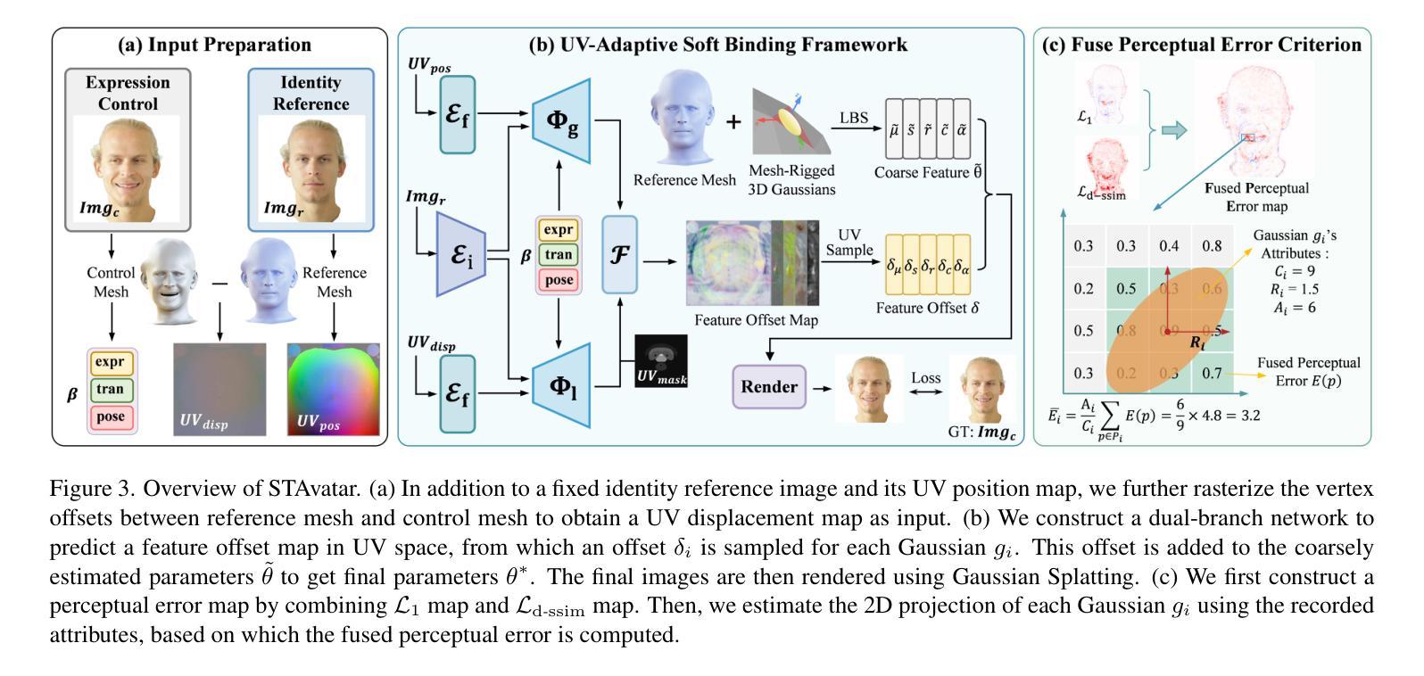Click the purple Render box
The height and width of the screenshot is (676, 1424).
768,386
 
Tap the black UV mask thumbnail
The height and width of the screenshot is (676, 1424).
661,361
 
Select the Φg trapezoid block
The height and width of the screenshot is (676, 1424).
561,121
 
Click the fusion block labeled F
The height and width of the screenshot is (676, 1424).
619,255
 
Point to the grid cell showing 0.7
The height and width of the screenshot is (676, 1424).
1212,374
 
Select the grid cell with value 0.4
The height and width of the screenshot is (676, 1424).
1169,246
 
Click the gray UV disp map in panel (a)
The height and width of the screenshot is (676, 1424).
219,389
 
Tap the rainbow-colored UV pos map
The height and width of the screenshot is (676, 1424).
333,389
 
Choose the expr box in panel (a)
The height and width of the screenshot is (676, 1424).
111,363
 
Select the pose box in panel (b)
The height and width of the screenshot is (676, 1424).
559,280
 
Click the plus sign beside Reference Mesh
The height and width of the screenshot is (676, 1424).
733,121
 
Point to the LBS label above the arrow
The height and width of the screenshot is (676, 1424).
853,117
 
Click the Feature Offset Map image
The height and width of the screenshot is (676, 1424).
751,262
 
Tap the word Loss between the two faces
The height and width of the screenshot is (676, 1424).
925,378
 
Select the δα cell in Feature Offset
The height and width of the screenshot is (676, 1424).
962,265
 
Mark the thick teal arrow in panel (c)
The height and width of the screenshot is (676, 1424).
1174,131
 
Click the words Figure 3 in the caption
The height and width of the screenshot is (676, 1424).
91,489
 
